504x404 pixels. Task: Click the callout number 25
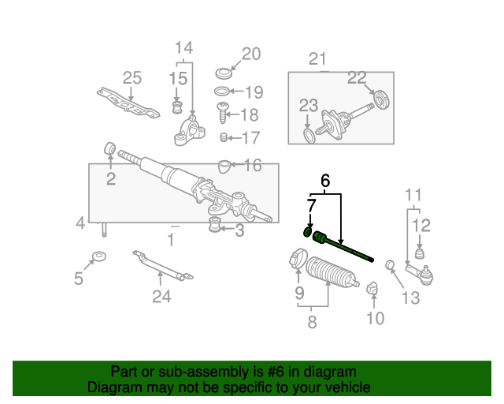132,78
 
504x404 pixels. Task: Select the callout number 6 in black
325,181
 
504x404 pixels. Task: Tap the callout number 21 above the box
317,59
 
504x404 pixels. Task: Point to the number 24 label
161,297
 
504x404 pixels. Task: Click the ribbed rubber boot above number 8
331,271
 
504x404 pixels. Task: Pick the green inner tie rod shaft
343,246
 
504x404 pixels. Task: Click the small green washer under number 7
308,231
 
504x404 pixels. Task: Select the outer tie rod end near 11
420,274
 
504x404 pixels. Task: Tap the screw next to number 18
223,113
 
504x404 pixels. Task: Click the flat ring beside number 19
222,92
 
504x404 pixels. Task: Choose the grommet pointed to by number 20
224,73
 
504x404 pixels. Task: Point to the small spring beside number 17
224,137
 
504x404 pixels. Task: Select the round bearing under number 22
382,99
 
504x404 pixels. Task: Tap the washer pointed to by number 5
100,256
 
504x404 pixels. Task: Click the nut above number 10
372,288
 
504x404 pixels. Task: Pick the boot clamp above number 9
298,258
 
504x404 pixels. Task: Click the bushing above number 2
110,148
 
